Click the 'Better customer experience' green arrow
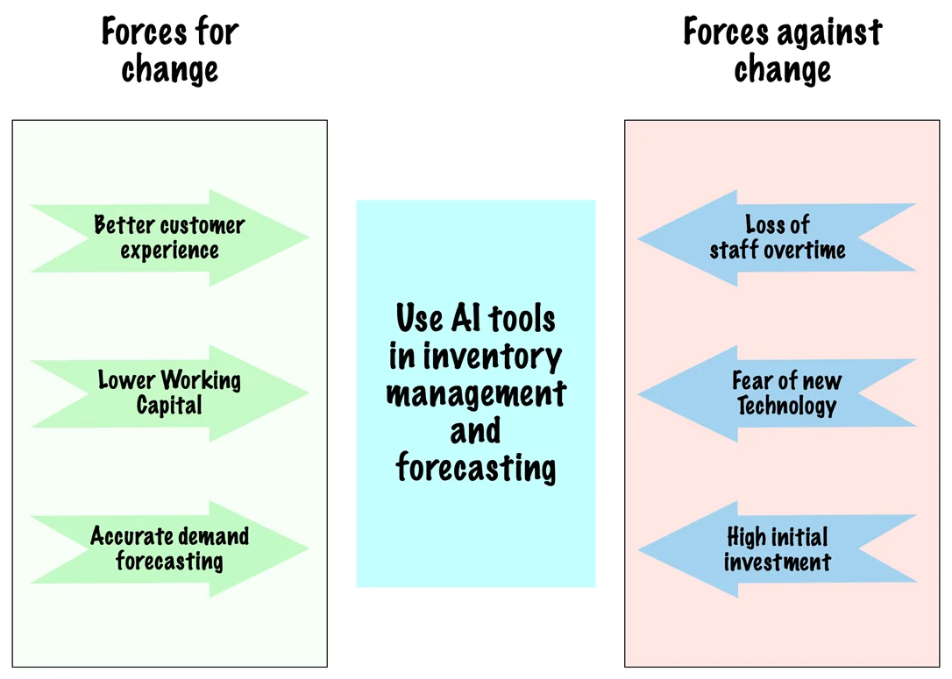point(169,237)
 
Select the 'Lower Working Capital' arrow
point(169,393)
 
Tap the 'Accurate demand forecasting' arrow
point(169,548)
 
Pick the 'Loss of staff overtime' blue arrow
point(778,237)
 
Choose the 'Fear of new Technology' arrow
point(778,393)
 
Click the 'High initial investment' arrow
point(778,548)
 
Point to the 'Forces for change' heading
point(170,50)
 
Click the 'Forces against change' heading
point(783,50)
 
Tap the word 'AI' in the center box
point(465,318)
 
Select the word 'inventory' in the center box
point(493,357)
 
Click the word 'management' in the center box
point(476,395)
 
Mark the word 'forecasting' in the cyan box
point(476,468)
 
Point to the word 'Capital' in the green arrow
point(169,406)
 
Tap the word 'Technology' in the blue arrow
point(787,406)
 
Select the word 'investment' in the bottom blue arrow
point(778,562)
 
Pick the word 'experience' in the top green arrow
point(169,251)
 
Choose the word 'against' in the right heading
point(828,33)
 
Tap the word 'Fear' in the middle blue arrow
point(751,380)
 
